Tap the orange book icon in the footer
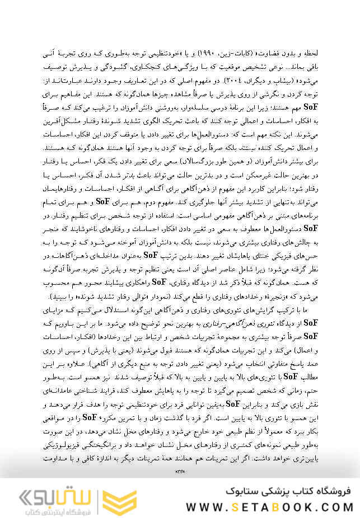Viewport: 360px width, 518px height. (121, 497)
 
